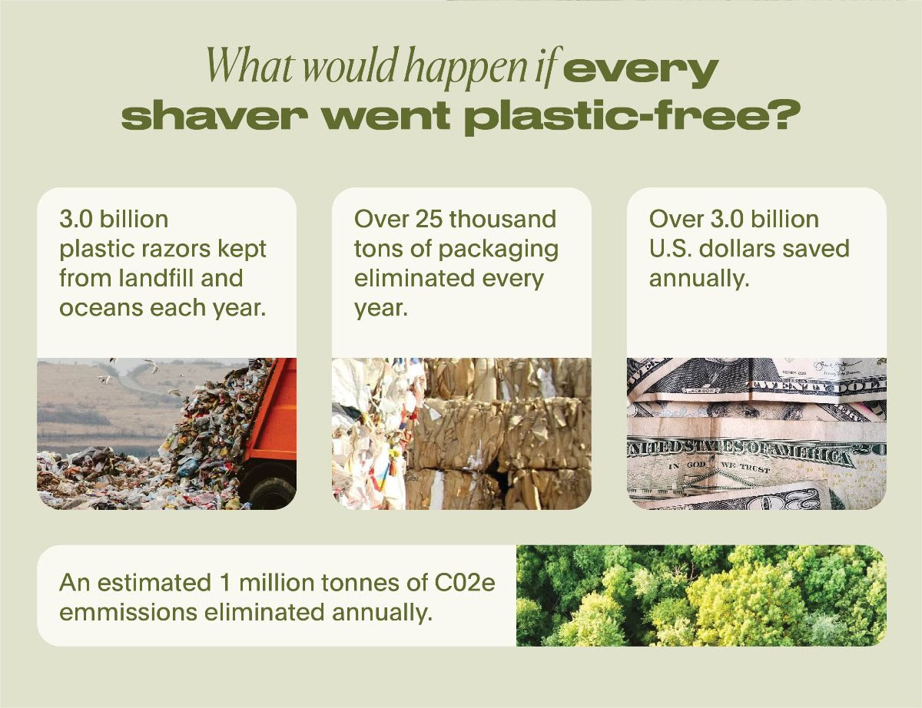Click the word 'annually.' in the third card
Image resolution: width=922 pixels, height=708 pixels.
pos(698,277)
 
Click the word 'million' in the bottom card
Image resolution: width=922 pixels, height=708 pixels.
pos(274,583)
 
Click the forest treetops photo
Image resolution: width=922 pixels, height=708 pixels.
pos(701,595)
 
